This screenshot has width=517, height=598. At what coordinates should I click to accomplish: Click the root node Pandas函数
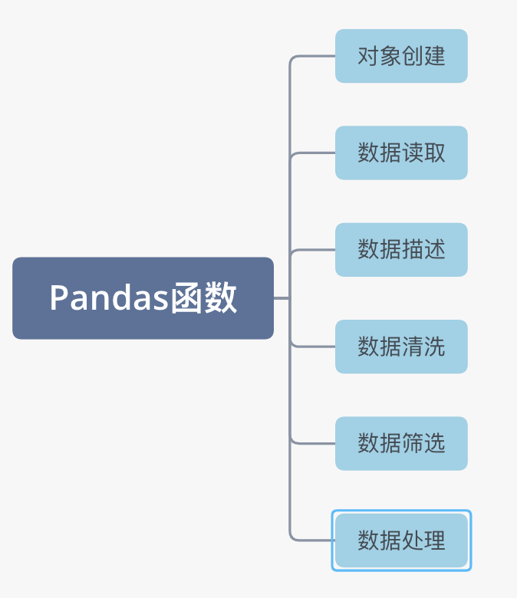click(x=143, y=297)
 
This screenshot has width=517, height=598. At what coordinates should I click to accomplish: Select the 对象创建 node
click(x=401, y=56)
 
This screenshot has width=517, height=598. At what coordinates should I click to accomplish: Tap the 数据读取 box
click(x=401, y=153)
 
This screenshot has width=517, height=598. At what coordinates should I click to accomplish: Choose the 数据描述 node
click(x=401, y=249)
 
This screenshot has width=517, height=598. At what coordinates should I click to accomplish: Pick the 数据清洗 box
click(x=401, y=347)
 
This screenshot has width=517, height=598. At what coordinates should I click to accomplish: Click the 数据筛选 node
click(x=401, y=443)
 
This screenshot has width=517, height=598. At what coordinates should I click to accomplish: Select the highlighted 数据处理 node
click(x=401, y=540)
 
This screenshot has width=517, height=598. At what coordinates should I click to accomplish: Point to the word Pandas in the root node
click(x=108, y=298)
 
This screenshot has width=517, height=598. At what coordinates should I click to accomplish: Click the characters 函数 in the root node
click(x=203, y=298)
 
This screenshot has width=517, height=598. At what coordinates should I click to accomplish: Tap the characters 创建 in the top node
click(x=423, y=56)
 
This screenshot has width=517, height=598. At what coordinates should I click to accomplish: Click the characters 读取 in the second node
click(x=423, y=153)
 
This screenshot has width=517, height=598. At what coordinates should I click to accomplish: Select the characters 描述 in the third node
click(x=423, y=249)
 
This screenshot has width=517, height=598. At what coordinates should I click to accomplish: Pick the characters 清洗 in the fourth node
click(x=423, y=347)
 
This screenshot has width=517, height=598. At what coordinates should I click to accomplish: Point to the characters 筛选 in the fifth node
click(x=423, y=443)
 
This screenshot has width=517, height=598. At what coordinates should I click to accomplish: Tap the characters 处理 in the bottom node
click(x=423, y=540)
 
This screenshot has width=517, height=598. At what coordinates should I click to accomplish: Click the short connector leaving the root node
click(x=282, y=297)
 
